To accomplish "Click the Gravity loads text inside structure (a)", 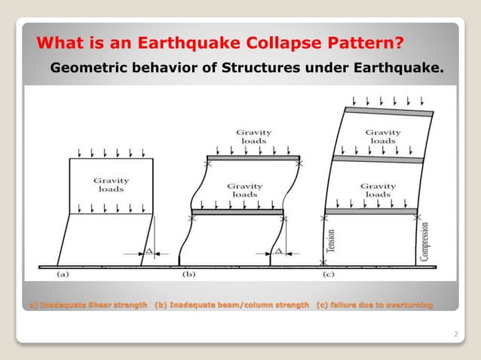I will click(x=111, y=185).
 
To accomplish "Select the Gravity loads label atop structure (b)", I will click(x=253, y=136).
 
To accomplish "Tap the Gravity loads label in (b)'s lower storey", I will click(x=245, y=190).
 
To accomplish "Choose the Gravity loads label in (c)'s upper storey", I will click(x=383, y=136).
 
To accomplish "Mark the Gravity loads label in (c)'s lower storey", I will click(x=378, y=191).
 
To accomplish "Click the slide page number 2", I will click(x=456, y=332).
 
